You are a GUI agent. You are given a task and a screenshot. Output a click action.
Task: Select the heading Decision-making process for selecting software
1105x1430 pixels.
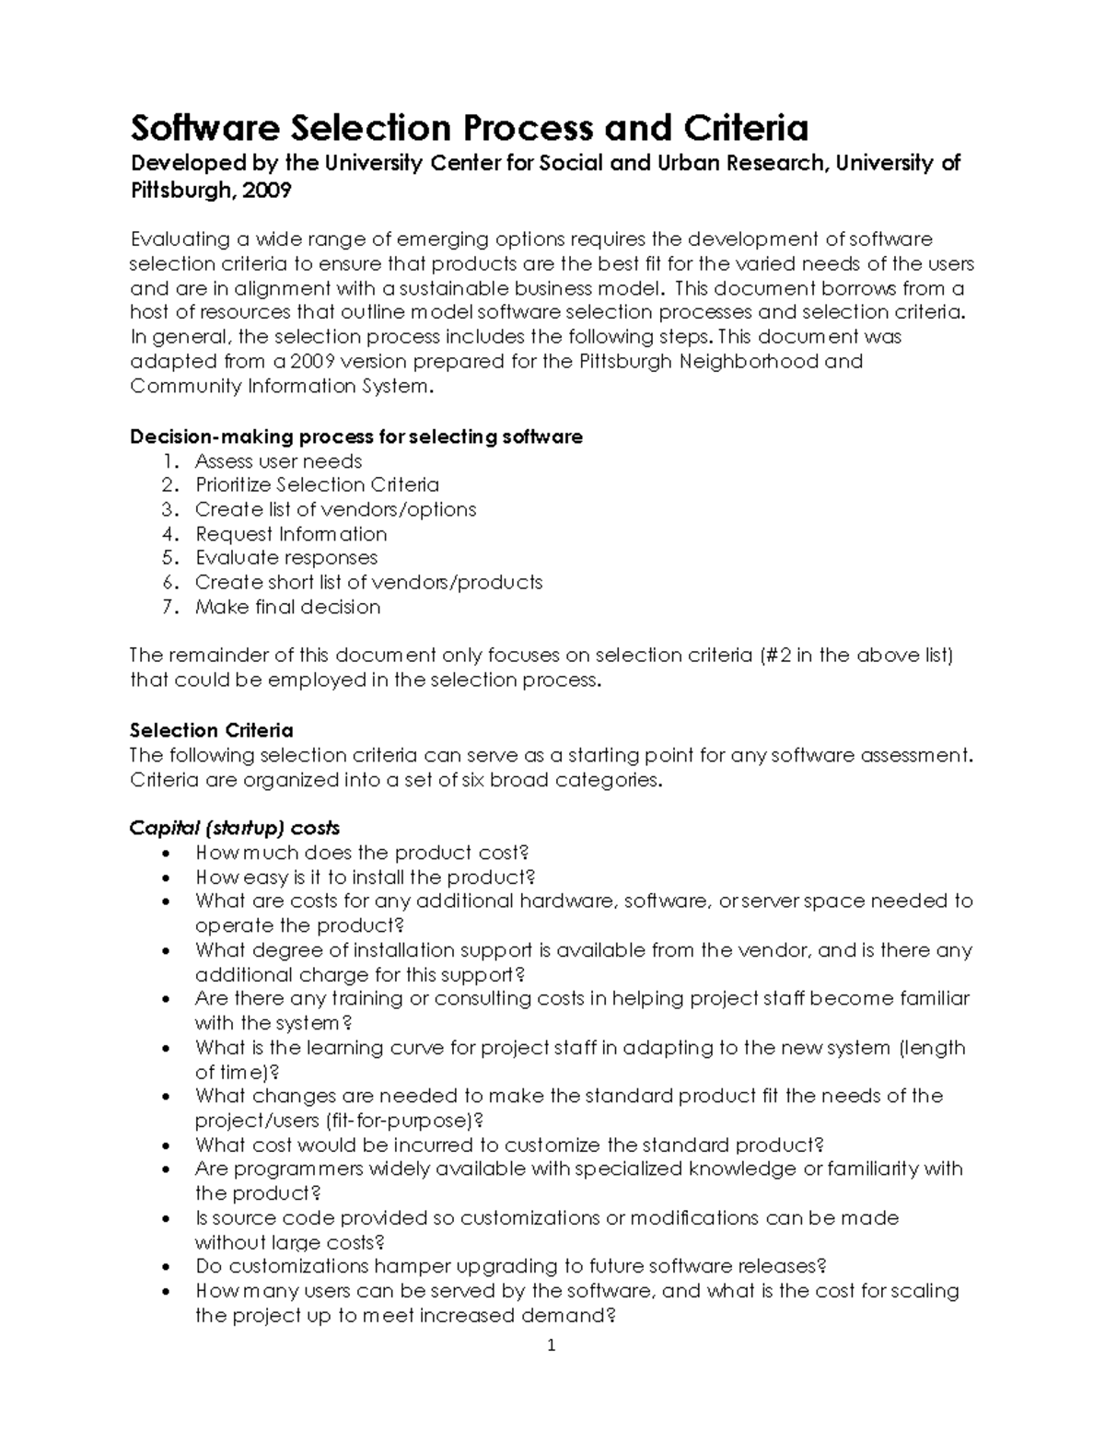pos(355,436)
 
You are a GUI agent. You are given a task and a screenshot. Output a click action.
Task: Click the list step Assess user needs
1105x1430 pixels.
pos(278,461)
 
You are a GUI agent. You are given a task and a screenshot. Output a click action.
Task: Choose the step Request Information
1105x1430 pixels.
pos(290,534)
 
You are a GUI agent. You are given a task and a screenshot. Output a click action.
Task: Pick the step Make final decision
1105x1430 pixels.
pos(287,607)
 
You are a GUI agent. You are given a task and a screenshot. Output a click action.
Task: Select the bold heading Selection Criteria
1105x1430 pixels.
pos(211,730)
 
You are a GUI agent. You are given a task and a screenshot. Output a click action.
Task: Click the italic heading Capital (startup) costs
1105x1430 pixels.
pos(234,828)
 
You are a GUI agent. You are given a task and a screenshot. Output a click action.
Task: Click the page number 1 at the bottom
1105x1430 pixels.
pos(552,1345)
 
